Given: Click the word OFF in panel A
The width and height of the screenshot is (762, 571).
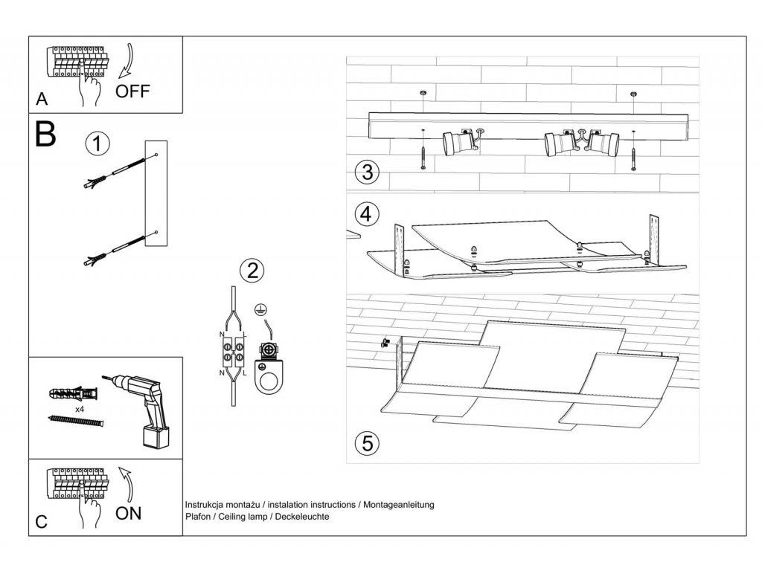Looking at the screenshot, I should [133, 91].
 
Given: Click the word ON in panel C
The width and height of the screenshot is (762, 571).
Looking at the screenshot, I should [129, 512].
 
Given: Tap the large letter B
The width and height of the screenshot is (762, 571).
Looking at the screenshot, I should [45, 134].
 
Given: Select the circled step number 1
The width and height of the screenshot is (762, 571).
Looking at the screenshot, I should [97, 143].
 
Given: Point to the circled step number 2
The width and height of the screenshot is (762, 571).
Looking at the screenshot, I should [252, 269].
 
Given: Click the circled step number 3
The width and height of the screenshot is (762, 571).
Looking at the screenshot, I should [365, 172].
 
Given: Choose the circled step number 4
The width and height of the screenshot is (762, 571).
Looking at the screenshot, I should [365, 214].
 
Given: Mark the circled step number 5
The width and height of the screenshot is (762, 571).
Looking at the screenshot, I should [366, 444].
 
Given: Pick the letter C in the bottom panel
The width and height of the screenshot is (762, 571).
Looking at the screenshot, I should [41, 523].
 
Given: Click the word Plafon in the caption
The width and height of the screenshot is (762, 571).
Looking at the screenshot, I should [198, 517].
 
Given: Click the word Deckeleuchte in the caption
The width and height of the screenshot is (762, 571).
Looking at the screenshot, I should [301, 517].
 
